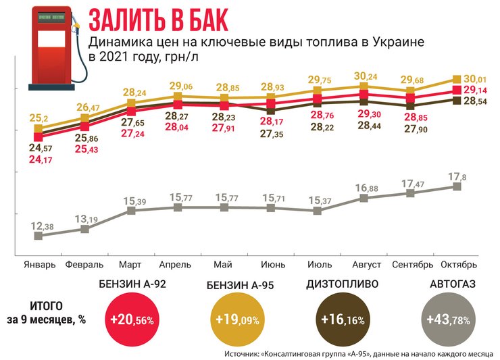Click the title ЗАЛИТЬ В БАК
[159, 19]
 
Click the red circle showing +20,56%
[132, 318]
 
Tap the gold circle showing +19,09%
[236, 318]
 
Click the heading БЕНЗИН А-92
[132, 284]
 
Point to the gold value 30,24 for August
[364, 76]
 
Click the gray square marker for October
[457, 186]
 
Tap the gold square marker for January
[39, 128]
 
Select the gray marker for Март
[131, 211]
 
